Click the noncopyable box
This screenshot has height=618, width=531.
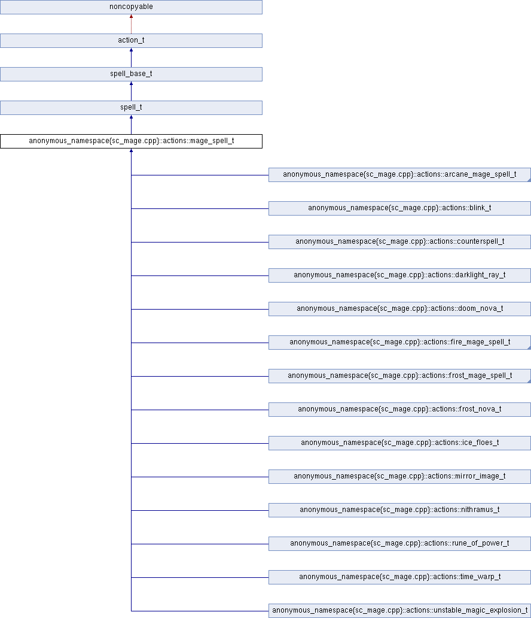131,7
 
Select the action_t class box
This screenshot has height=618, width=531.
131,41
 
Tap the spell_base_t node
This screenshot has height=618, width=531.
131,74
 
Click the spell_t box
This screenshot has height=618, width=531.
131,108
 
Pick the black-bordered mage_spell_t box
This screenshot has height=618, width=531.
131,141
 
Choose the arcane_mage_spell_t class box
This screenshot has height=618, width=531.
399,175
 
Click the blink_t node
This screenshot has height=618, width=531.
399,208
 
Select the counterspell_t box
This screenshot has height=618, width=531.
399,241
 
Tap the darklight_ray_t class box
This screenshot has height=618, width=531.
399,275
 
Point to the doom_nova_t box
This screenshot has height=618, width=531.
399,308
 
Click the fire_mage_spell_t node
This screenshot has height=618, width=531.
399,342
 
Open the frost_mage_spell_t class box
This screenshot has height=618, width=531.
399,375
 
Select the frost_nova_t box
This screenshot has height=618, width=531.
399,409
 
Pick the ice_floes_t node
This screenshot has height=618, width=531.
399,443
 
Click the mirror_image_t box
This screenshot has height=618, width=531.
399,476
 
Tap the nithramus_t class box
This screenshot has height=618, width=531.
399,510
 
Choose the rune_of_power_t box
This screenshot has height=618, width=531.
399,543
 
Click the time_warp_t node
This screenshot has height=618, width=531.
399,577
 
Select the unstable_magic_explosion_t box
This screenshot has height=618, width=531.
399,610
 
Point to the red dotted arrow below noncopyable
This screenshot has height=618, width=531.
131,24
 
